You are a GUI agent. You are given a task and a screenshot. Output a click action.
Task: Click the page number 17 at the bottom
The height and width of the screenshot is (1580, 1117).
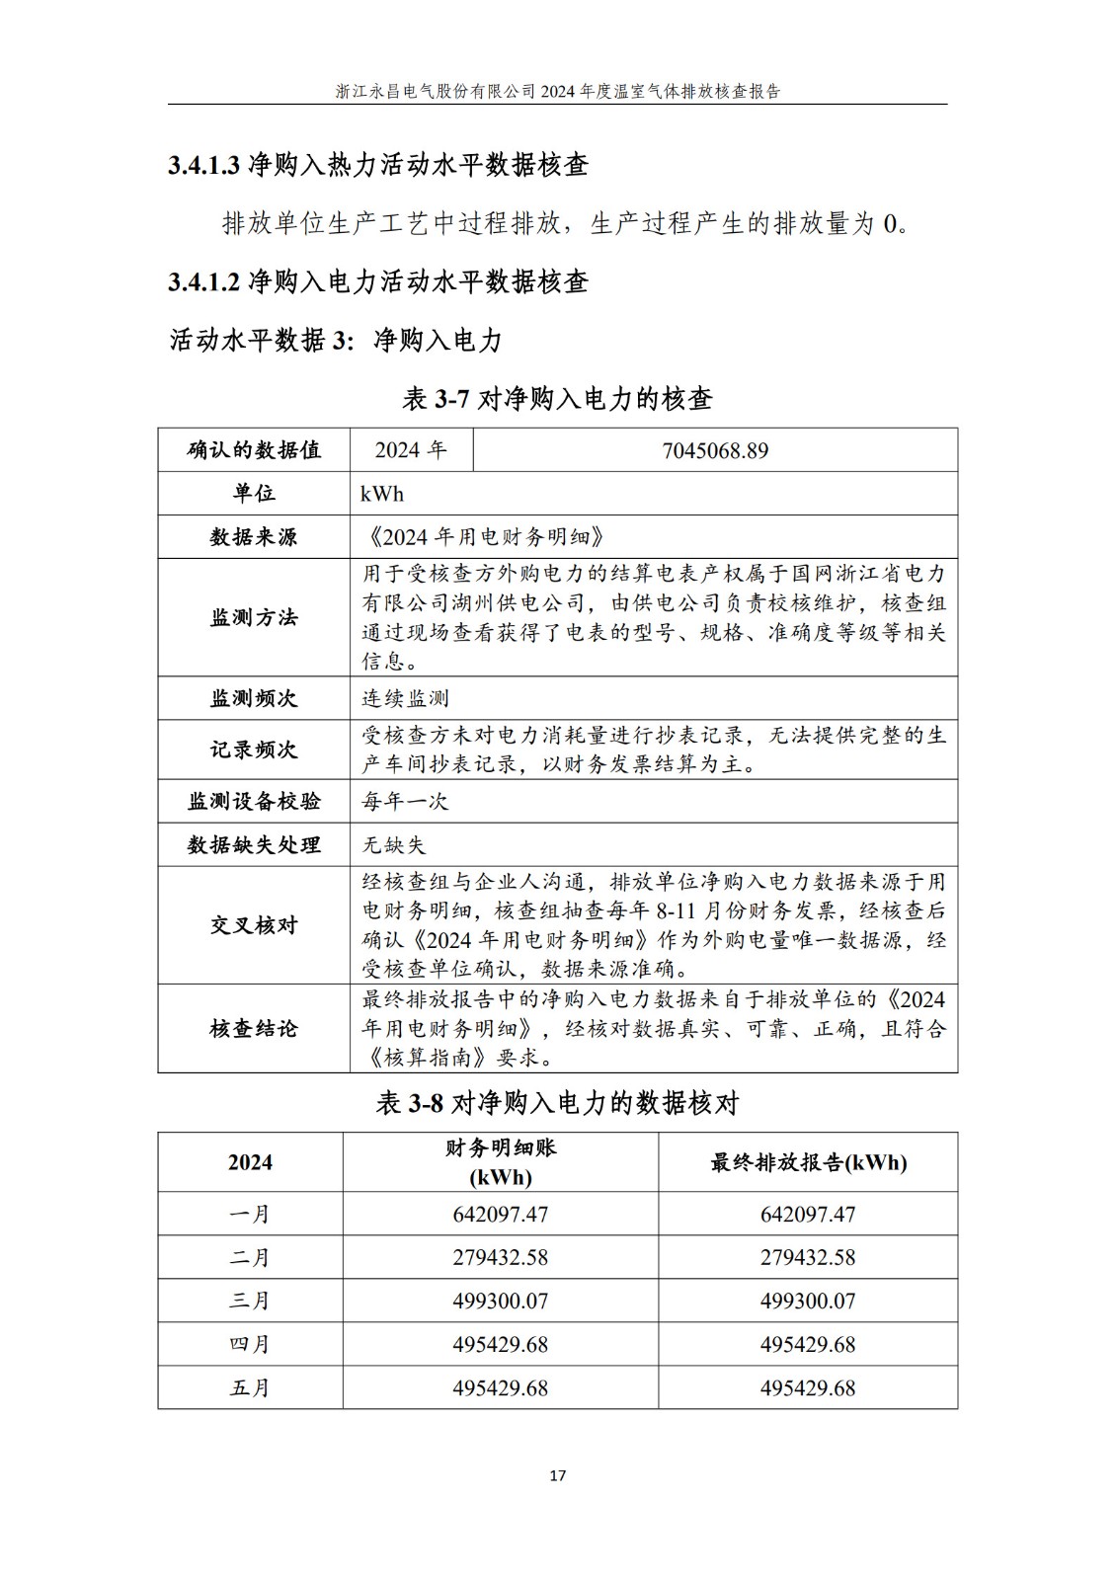click(557, 1475)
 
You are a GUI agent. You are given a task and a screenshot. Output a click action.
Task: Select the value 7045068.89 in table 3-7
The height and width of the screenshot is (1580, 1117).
click(715, 450)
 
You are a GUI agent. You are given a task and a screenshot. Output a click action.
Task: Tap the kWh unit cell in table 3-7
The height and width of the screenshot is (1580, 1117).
click(382, 494)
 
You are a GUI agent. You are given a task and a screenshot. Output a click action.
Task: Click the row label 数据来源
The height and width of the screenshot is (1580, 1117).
click(254, 537)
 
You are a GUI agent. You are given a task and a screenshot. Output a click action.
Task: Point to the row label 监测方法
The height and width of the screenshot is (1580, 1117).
click(254, 617)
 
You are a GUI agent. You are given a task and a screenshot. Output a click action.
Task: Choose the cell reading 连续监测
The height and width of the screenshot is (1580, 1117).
click(406, 698)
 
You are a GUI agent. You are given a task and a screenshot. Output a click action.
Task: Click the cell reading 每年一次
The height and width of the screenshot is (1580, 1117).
click(406, 801)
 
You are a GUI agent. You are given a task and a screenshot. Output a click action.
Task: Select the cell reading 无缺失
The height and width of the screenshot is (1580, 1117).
click(394, 844)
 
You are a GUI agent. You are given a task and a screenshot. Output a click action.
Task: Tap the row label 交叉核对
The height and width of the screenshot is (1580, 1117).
click(254, 925)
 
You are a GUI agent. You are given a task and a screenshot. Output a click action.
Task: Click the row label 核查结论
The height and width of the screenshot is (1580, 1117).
click(254, 1028)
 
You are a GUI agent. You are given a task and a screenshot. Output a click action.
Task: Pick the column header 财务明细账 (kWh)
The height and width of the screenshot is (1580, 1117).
click(501, 1162)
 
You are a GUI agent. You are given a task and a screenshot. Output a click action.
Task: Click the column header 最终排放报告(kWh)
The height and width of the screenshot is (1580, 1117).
click(808, 1162)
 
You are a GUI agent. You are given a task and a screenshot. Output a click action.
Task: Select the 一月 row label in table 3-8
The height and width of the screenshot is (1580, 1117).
click(250, 1214)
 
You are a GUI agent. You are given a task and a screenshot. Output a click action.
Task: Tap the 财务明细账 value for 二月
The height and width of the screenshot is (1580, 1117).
click(501, 1257)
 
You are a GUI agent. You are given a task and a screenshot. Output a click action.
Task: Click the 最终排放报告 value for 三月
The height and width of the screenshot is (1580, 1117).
click(808, 1301)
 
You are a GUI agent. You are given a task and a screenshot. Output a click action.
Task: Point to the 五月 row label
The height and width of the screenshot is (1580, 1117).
click(250, 1387)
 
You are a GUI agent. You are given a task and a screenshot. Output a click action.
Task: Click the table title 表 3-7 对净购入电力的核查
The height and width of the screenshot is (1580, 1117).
click(557, 399)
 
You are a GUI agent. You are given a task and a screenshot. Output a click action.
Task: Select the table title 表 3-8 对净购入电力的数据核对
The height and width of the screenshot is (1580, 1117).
click(557, 1103)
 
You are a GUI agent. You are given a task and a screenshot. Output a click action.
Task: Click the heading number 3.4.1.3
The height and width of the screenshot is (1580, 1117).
click(204, 165)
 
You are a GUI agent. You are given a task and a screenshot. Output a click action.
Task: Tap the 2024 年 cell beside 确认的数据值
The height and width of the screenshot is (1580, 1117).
click(411, 450)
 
